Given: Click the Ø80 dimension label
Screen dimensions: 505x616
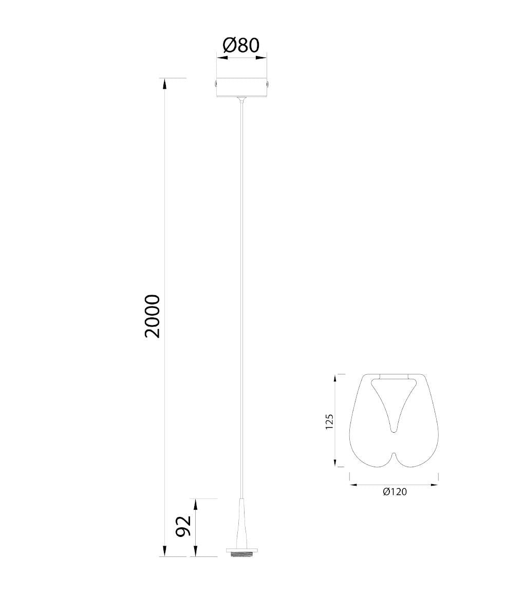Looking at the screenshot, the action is point(241,46).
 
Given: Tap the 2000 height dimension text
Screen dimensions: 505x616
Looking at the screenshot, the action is point(153,316).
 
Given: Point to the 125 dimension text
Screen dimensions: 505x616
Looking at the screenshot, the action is point(329,421).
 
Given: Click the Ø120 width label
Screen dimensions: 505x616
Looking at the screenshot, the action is point(395,492).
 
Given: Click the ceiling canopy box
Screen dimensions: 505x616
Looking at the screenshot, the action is point(242,87).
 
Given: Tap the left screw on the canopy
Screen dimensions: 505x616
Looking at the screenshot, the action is point(216,84).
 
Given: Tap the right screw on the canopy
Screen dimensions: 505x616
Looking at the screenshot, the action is point(268,84).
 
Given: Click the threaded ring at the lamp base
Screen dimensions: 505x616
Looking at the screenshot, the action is point(242,554).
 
